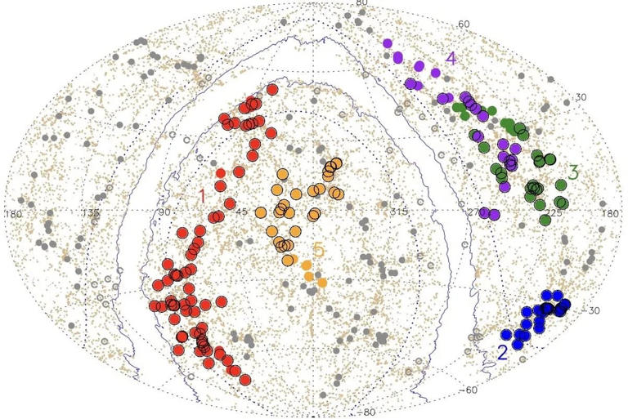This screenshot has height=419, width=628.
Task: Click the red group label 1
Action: point(202,196)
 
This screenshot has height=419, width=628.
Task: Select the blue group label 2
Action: point(502,354)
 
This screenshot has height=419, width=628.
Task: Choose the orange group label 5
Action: point(319,249)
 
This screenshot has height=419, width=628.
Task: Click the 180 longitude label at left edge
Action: point(13,214)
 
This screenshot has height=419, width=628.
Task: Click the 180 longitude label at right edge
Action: point(610,214)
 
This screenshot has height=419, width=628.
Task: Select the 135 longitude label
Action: point(91,214)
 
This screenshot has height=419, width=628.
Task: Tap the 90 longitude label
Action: point(164,214)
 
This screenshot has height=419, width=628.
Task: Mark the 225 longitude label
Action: point(554,214)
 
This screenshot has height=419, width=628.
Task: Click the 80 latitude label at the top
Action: point(361,4)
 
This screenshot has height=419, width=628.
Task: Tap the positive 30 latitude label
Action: point(581,97)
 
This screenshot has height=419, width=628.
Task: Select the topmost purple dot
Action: point(388,43)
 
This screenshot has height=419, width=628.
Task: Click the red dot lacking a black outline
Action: point(221,173)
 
